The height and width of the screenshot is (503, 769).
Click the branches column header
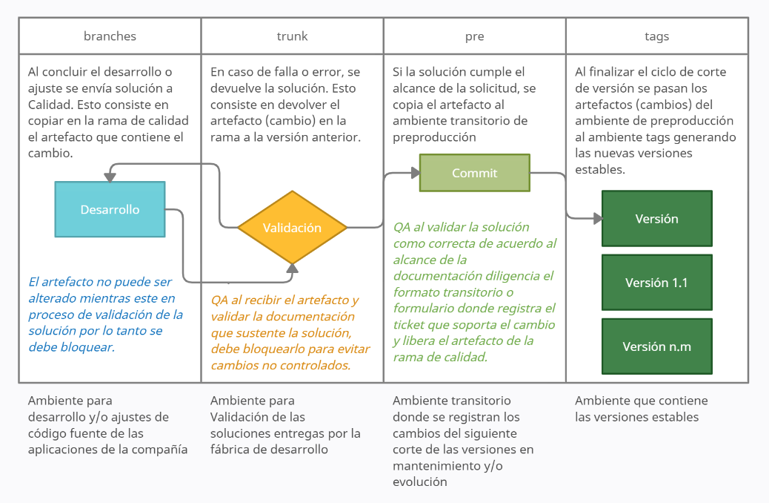[110, 36]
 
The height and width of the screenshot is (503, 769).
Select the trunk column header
[292, 36]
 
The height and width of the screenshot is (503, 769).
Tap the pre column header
[474, 36]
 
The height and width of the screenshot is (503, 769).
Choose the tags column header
[656, 36]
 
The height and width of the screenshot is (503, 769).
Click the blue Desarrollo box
[110, 209]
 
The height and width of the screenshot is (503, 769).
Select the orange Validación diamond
[292, 228]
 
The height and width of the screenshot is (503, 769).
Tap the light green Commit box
[474, 173]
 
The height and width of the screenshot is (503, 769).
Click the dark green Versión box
[656, 219]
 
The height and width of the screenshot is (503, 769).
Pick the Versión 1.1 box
[656, 283]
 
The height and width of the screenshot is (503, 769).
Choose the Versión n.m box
[656, 346]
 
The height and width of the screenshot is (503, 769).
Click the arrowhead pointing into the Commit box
[414, 173]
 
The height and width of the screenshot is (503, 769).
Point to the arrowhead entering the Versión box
[596, 219]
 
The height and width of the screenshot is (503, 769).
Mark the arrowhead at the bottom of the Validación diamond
[293, 268]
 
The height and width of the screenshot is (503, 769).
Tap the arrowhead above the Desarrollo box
[110, 177]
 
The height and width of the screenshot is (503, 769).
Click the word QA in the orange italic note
[219, 300]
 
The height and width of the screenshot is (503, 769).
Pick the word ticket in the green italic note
[410, 325]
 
